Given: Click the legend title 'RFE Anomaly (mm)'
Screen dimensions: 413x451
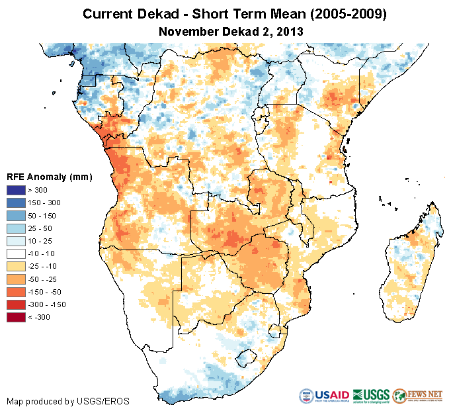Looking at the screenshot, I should pos(49,177).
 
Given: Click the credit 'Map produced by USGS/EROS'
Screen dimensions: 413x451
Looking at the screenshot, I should pos(68,401).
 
